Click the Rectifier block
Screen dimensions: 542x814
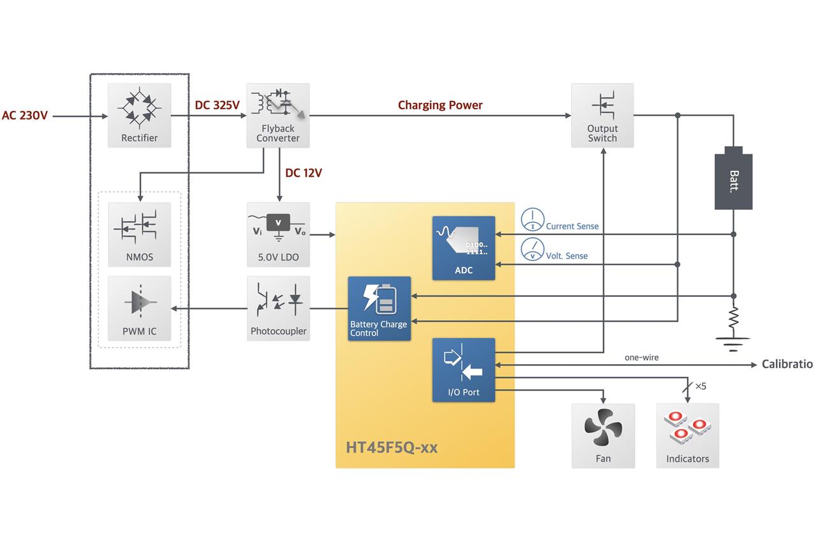[x=139, y=115]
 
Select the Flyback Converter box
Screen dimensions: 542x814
[x=278, y=115]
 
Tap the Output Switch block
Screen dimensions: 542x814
[x=602, y=115]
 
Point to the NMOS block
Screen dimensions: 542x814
[x=139, y=234]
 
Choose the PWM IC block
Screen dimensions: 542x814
[x=139, y=308]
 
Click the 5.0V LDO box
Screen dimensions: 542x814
[x=278, y=234]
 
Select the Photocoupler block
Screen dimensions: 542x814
[x=278, y=308]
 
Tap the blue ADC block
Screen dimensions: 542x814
[x=464, y=248]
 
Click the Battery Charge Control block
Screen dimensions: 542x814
[x=379, y=308]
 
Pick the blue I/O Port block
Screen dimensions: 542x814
[x=464, y=369]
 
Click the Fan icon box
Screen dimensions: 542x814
[x=603, y=435]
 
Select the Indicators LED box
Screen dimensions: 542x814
[x=687, y=435]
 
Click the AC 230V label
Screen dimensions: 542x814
[x=25, y=116]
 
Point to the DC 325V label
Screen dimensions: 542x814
[x=217, y=105]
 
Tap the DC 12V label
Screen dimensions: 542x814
[x=303, y=173]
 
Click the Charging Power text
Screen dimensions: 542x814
[x=440, y=105]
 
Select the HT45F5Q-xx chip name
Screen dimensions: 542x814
[x=392, y=447]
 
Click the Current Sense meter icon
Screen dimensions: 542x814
[x=532, y=220]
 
